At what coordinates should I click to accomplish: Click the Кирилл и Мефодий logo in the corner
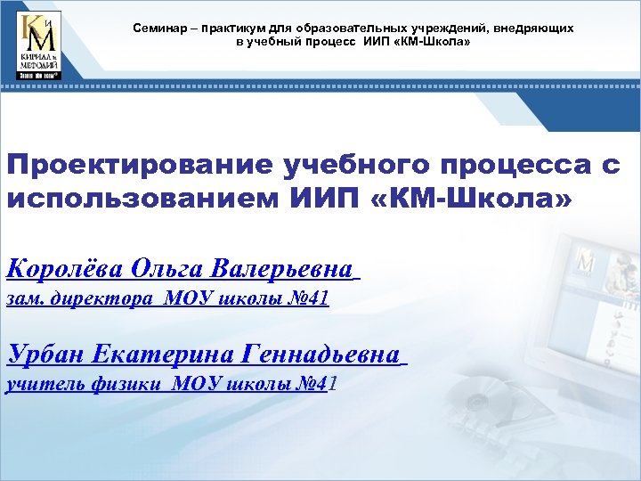click(39, 45)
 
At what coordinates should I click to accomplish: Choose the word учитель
click(45, 385)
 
